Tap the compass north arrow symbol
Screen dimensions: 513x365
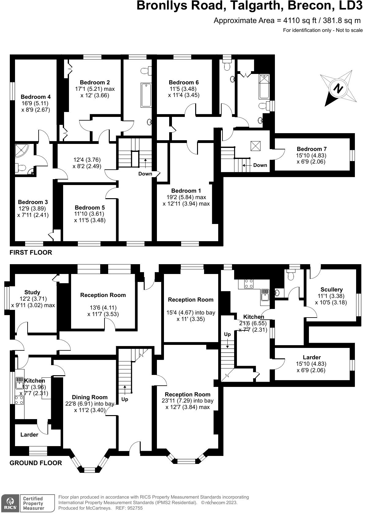(x=338, y=89)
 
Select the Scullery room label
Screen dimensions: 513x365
(x=331, y=289)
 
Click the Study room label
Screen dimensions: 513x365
(x=32, y=292)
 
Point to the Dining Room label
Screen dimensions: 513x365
(x=89, y=397)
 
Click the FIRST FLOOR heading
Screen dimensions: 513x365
(x=31, y=253)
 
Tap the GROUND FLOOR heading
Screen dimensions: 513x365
(x=36, y=463)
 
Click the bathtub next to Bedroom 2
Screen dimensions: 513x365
(x=146, y=95)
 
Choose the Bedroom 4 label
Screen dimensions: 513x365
(x=36, y=97)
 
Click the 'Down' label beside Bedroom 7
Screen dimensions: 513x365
(x=260, y=165)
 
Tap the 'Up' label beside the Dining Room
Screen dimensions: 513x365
(x=125, y=399)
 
